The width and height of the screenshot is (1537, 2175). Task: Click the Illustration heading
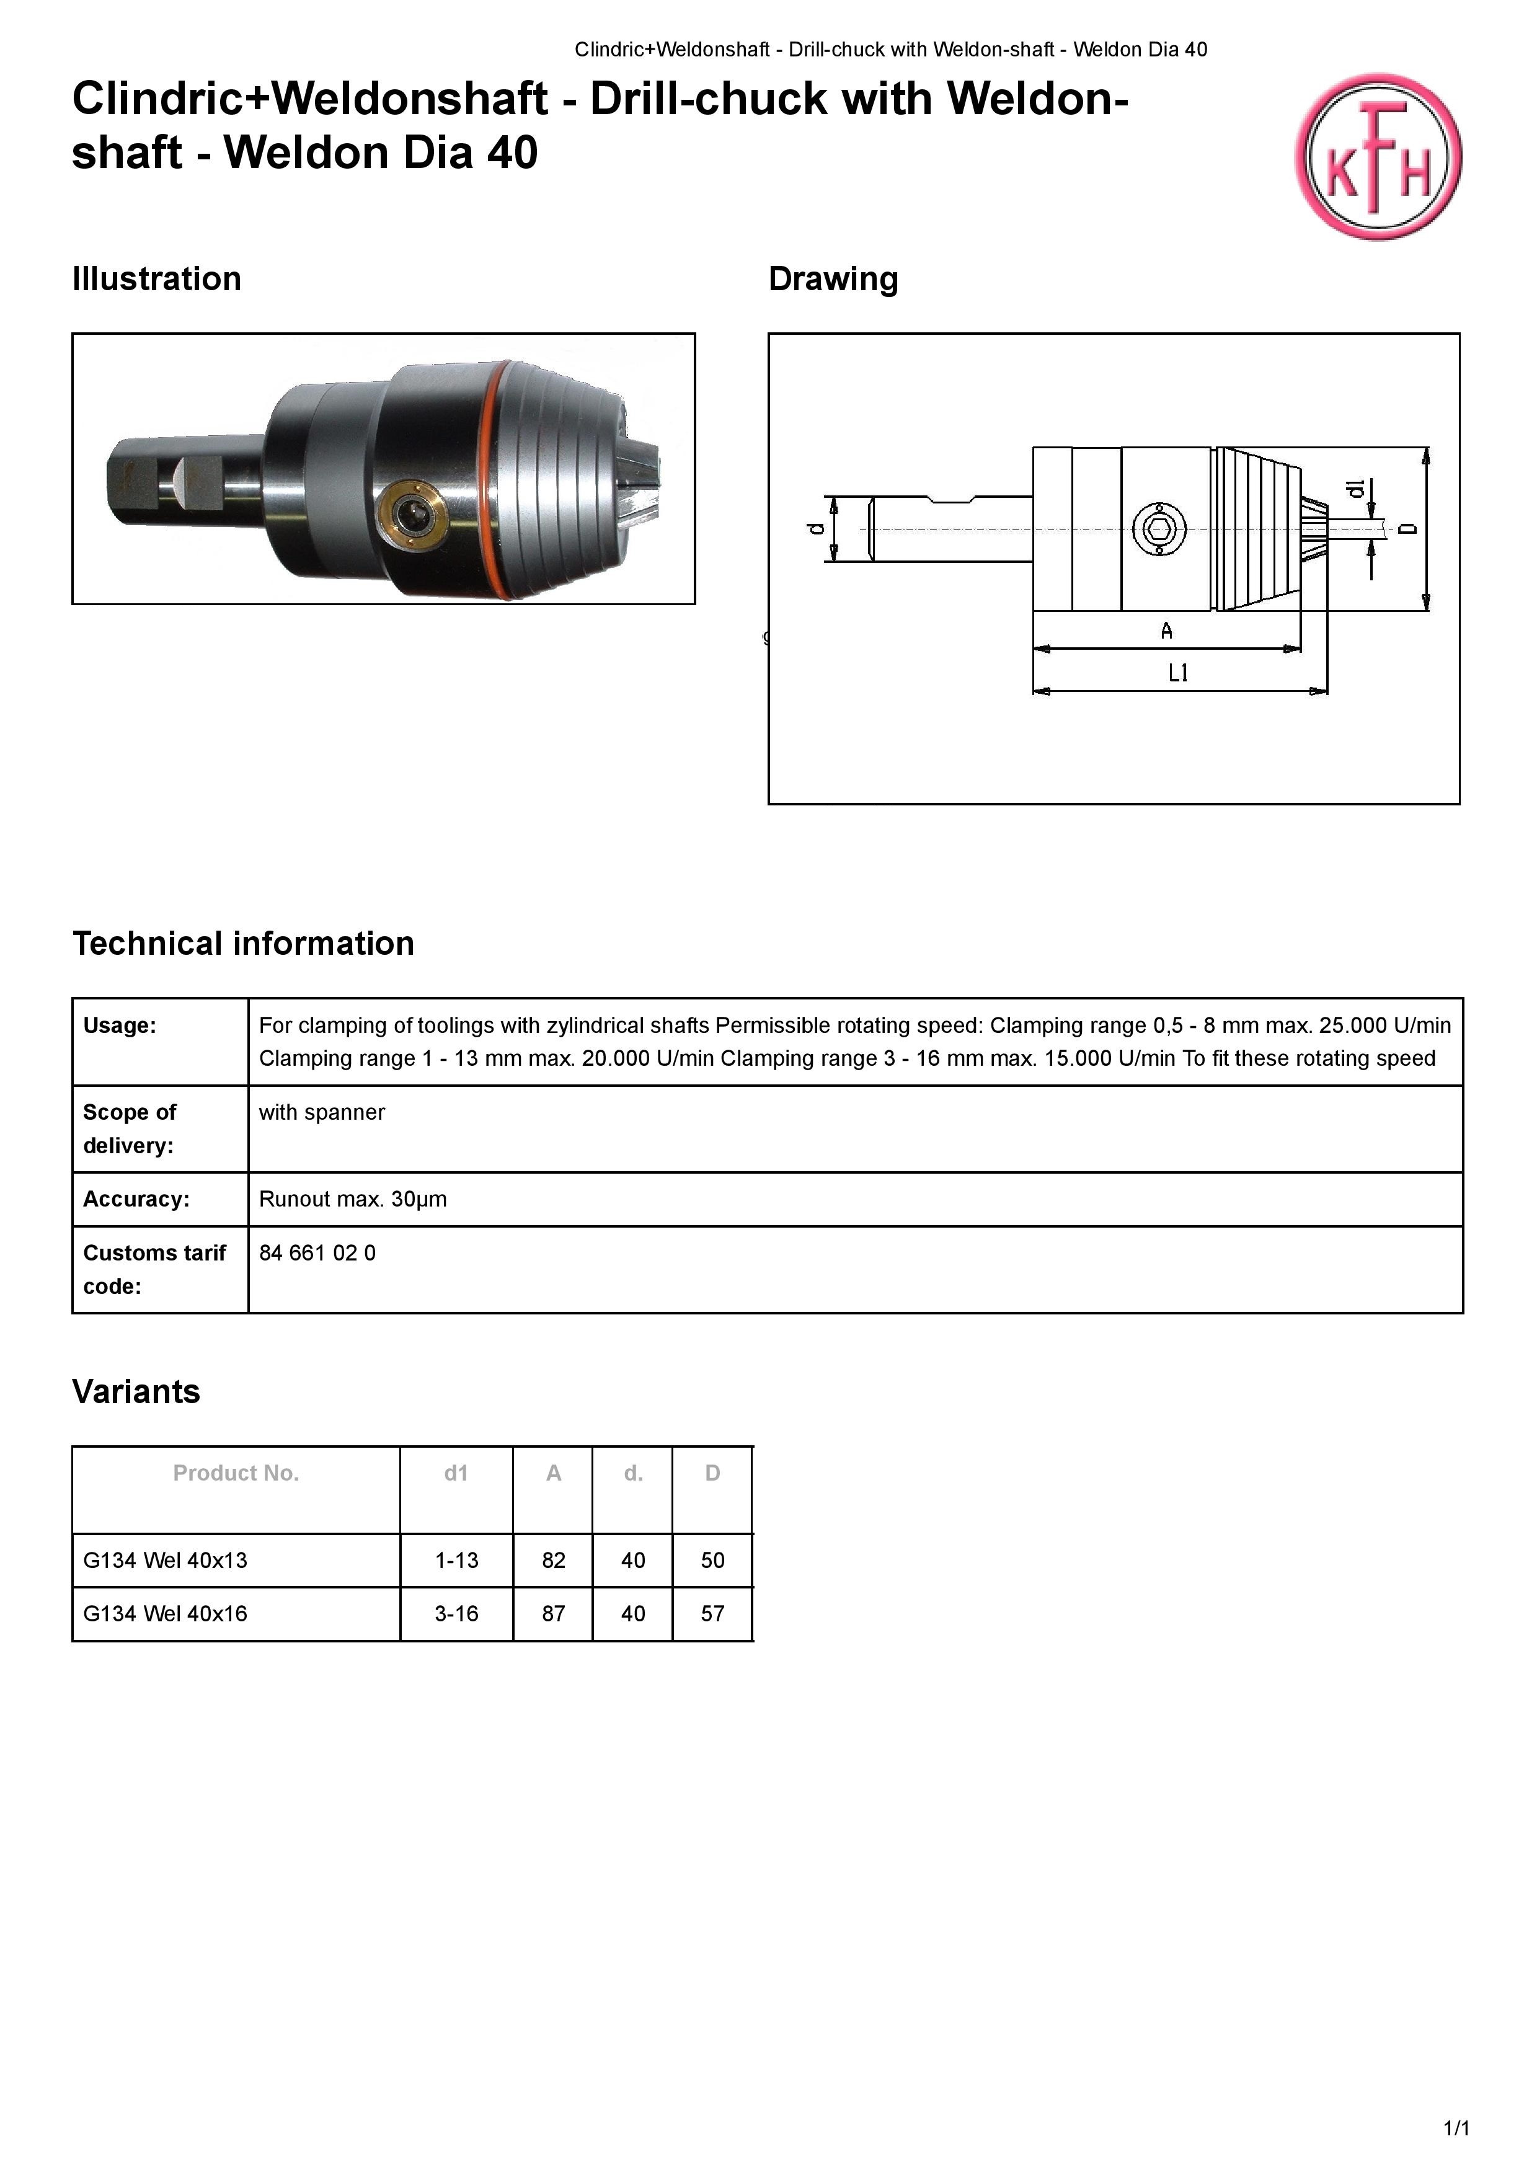156,280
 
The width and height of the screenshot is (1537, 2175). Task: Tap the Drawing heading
833,280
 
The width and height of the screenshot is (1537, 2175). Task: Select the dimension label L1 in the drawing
1178,673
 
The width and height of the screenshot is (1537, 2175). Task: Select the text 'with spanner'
322,1112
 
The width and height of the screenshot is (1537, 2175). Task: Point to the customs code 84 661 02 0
317,1253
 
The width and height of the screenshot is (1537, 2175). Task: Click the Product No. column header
236,1473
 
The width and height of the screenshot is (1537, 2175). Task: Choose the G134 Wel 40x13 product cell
165,1560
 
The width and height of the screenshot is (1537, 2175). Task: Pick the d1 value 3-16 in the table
456,1614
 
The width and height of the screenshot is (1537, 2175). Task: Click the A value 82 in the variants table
553,1560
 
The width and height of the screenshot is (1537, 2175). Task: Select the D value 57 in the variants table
712,1614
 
